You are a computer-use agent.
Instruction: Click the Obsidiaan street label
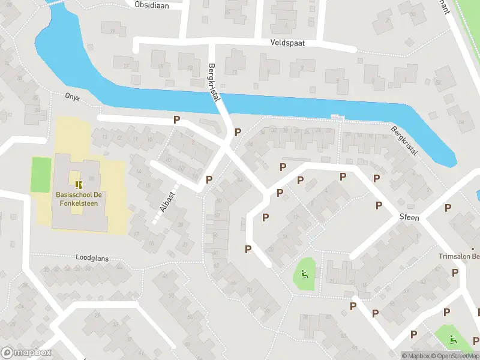[x=152, y=5]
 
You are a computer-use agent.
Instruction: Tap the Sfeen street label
[x=409, y=217]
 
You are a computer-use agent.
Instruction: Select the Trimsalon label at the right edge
[x=460, y=256]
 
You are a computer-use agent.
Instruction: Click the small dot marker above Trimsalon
[x=472, y=248]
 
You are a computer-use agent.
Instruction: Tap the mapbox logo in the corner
[x=26, y=353]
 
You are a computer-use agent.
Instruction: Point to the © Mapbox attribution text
[x=416, y=356]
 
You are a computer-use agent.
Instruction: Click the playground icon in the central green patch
[x=304, y=275]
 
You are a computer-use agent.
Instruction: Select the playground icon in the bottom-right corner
[x=452, y=339]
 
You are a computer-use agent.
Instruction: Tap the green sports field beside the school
[x=41, y=175]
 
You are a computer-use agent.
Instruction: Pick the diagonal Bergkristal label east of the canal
[x=404, y=141]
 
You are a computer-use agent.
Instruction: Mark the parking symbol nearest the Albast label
[x=209, y=179]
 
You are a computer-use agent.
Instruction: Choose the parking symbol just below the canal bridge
[x=238, y=132]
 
